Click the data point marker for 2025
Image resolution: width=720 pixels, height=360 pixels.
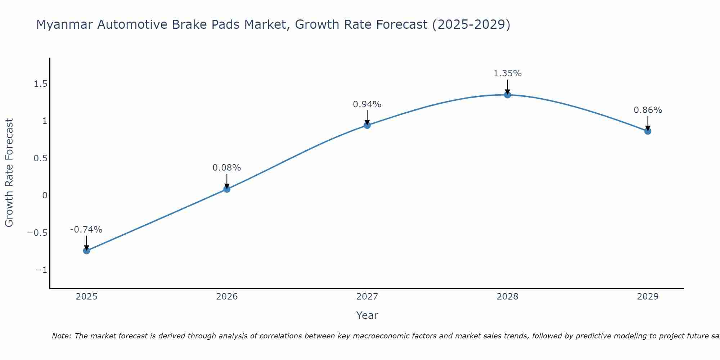(x=86, y=251)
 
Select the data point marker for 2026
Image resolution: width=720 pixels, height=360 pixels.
(x=227, y=189)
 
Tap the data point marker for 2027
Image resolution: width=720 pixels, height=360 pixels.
(x=367, y=125)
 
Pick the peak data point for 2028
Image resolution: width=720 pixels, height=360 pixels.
(x=507, y=95)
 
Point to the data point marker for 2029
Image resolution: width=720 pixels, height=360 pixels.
(x=648, y=131)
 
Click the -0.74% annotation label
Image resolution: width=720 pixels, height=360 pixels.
(x=86, y=230)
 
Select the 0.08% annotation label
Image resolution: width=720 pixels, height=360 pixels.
(x=226, y=168)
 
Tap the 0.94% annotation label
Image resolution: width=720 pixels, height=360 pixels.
(x=367, y=104)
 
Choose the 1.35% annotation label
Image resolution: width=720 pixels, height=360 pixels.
(x=507, y=73)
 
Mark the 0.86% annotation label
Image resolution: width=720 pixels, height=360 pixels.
(x=648, y=110)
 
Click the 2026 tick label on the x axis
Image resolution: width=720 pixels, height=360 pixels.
(x=227, y=297)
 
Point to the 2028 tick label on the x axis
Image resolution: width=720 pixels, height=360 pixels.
(x=507, y=297)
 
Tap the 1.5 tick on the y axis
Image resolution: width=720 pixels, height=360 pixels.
(x=40, y=84)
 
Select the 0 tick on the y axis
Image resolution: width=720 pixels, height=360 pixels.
(x=45, y=195)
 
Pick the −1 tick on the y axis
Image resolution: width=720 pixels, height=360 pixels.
(x=41, y=270)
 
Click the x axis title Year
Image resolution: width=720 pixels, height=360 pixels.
(x=367, y=315)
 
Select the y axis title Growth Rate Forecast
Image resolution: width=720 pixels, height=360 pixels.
(x=9, y=173)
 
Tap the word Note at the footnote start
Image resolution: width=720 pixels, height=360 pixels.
(x=62, y=336)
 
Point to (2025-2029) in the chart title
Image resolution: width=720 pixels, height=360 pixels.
(x=471, y=25)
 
